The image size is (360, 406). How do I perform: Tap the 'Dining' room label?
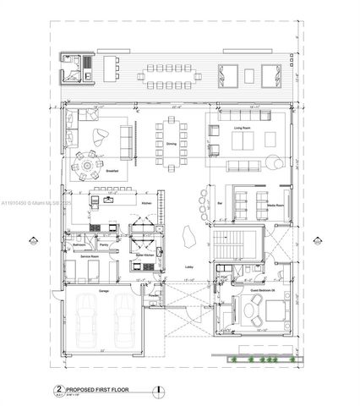pos(172,144)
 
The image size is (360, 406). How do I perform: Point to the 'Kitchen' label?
pos(145,204)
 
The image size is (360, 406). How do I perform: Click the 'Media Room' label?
pos(275,206)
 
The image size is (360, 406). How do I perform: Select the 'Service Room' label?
pos(81,257)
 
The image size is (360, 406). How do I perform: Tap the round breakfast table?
pos(86,166)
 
